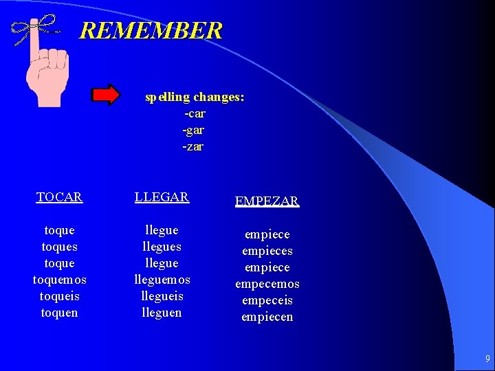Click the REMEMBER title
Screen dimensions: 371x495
[x=151, y=31]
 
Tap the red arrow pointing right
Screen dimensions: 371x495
[x=106, y=95]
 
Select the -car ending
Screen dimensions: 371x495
[x=195, y=113]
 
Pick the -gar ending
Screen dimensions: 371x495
[x=193, y=130]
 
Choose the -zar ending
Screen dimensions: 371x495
[x=193, y=146]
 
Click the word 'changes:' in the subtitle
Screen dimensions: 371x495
[x=219, y=97]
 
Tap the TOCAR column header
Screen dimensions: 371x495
[x=59, y=197]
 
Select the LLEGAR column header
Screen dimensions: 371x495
[x=162, y=197]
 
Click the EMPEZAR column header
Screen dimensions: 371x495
[x=267, y=201]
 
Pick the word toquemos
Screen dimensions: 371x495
[x=59, y=280]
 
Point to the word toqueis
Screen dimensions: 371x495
[x=60, y=296]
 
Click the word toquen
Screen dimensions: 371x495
[x=60, y=313]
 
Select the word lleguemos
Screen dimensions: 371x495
[x=162, y=280]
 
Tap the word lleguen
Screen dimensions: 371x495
[x=162, y=313]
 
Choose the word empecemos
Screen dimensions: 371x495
[x=267, y=284]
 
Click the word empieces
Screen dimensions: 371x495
[x=267, y=251]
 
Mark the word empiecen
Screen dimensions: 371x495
[x=267, y=317]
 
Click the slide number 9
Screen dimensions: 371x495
[x=487, y=359]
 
